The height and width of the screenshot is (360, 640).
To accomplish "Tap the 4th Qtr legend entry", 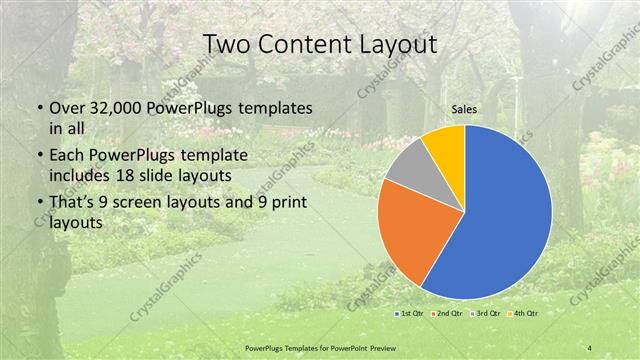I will pos(522,314).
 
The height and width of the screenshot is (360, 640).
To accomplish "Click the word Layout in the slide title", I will pos(397,45).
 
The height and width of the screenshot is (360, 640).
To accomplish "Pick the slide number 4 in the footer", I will pos(590,347).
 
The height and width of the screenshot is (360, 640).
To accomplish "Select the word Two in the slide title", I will pos(226,45).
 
